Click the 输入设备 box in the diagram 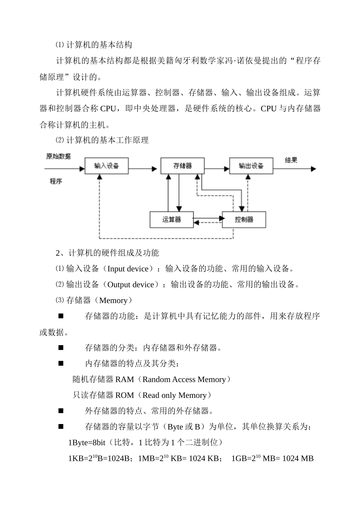(x=106, y=166)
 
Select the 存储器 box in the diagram (x=182, y=166)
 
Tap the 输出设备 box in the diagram (x=251, y=166)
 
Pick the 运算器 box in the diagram (x=171, y=220)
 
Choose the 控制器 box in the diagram (x=244, y=220)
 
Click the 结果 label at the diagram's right (x=291, y=160)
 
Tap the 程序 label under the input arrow (x=56, y=181)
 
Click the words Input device (x=128, y=269)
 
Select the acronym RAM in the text (x=125, y=379)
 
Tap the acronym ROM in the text (x=125, y=395)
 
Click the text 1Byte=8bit (x=87, y=443)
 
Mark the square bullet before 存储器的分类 (x=61, y=347)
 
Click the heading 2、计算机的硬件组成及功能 (x=107, y=253)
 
